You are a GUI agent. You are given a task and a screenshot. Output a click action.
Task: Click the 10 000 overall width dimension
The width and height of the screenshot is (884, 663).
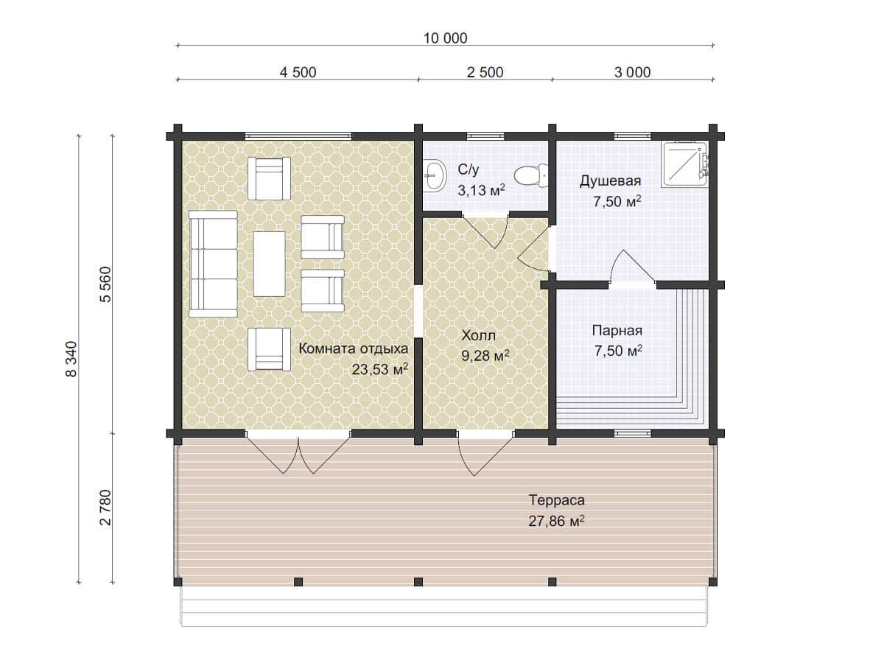tap(445, 38)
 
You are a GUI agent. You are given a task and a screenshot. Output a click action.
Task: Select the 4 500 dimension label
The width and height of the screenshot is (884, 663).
tap(298, 72)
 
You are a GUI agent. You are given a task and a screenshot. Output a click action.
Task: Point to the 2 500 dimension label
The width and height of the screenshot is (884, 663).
tap(485, 72)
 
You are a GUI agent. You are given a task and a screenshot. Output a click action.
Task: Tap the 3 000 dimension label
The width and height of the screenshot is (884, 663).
tap(632, 72)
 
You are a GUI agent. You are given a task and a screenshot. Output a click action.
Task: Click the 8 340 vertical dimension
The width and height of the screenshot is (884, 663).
tap(71, 359)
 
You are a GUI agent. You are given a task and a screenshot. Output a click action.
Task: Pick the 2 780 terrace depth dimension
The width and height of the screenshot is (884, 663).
tap(105, 508)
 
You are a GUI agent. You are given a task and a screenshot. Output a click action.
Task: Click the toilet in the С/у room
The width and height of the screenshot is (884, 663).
tap(531, 175)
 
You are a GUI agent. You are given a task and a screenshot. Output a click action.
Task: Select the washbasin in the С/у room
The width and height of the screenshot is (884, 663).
tap(435, 175)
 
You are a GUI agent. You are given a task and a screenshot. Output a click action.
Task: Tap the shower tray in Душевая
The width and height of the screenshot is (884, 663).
tap(685, 164)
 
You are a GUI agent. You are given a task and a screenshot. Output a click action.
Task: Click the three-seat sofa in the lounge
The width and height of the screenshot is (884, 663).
tap(213, 264)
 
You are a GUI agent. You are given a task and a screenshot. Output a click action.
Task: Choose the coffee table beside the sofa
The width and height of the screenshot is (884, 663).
tap(269, 264)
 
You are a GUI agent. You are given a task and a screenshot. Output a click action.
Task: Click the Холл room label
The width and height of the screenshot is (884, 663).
tap(478, 335)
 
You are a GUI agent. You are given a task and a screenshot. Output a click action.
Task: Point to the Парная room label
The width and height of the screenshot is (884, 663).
tap(617, 331)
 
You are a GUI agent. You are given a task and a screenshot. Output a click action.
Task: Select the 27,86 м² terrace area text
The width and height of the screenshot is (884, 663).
tap(556, 521)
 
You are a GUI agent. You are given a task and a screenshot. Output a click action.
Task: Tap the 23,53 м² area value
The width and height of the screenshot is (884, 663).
tap(380, 369)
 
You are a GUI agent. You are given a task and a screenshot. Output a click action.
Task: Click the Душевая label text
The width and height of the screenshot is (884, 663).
tap(610, 181)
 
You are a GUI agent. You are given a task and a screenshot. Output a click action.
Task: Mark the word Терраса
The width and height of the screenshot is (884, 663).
tap(557, 501)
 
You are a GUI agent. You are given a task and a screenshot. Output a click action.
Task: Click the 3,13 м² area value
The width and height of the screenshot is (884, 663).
tap(481, 190)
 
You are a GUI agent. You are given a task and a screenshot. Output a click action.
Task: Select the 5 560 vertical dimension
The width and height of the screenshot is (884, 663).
tap(105, 284)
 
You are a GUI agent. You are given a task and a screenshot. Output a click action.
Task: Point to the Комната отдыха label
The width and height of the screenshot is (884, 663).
tap(353, 348)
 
